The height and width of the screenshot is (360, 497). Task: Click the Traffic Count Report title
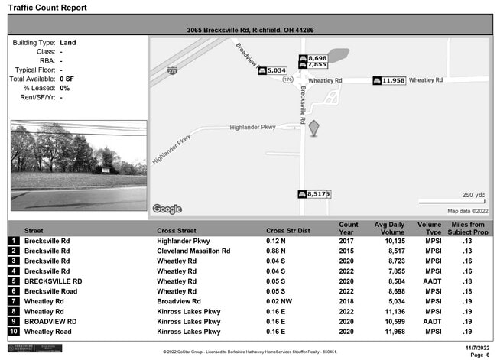click(47, 8)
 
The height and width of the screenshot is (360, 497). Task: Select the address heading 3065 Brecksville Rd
click(250, 30)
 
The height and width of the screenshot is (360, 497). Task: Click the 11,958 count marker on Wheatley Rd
click(389, 80)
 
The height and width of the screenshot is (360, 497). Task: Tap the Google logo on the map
click(167, 209)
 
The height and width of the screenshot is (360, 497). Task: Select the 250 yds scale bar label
click(474, 195)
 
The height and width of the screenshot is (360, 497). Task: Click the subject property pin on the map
click(313, 129)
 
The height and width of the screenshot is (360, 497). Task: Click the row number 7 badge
click(13, 302)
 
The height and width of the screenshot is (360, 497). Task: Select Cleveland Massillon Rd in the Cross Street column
click(194, 251)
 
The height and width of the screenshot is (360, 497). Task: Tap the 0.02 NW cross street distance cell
click(278, 302)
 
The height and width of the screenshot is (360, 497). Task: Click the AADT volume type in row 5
click(434, 281)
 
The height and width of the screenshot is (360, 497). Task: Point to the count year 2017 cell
click(347, 241)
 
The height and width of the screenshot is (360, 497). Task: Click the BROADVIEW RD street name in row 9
click(53, 322)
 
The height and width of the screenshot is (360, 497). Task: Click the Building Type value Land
click(68, 43)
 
